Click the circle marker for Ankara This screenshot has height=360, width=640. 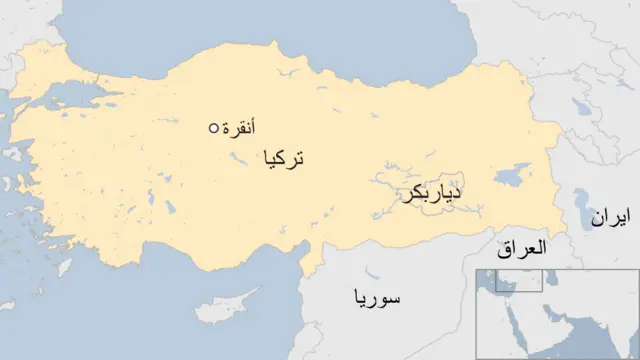213,128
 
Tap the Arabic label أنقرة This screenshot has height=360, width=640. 239,127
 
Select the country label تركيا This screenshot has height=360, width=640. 282,158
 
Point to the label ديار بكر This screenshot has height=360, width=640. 432,194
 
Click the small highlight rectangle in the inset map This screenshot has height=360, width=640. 519,281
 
